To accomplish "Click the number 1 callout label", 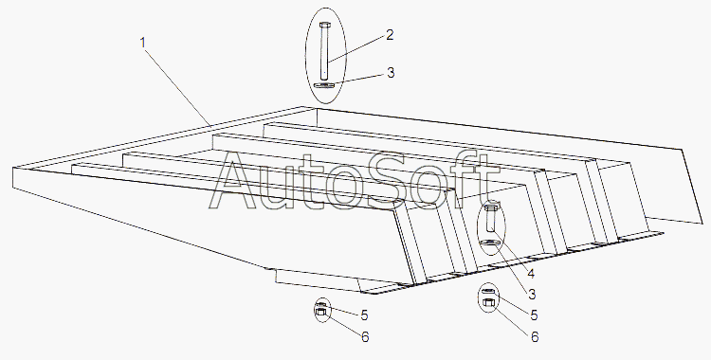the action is tap(143, 43).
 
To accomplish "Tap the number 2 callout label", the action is tap(390, 35).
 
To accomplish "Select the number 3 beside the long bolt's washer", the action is tap(391, 73).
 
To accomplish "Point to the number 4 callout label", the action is tap(531, 274).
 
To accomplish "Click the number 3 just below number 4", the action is tap(532, 295).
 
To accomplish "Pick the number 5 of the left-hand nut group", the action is tap(364, 315).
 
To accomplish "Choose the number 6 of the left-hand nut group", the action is tap(365, 337).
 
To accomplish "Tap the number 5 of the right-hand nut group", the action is tap(534, 315).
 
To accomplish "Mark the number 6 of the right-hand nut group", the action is tap(535, 337).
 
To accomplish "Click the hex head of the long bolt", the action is tap(325, 25).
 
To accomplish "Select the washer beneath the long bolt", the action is tap(324, 85).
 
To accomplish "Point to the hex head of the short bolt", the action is tap(491, 208).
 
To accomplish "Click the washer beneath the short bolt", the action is tap(491, 243).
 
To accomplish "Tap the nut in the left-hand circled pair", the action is tap(320, 312).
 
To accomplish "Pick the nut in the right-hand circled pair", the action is tap(488, 302).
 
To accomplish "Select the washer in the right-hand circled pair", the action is tap(488, 291).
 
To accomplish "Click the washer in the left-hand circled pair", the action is tap(320, 304).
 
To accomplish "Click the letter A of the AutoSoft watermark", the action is tap(236, 180).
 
